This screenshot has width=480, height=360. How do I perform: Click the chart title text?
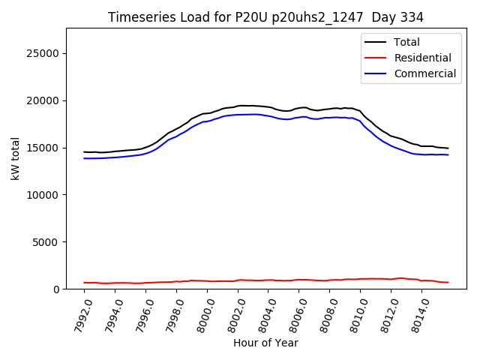click(x=265, y=17)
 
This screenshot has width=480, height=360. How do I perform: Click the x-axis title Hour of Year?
click(x=265, y=343)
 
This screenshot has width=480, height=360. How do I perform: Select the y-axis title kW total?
click(x=15, y=159)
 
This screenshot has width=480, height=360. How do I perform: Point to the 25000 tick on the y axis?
click(x=44, y=53)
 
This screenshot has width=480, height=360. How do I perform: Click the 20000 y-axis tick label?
click(x=44, y=100)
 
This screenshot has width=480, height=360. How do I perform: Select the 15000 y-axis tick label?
click(x=44, y=148)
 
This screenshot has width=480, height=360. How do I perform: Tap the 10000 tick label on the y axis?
click(x=44, y=195)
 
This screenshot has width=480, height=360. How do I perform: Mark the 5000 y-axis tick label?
click(x=47, y=242)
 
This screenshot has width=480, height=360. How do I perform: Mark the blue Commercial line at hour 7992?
click(x=85, y=158)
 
